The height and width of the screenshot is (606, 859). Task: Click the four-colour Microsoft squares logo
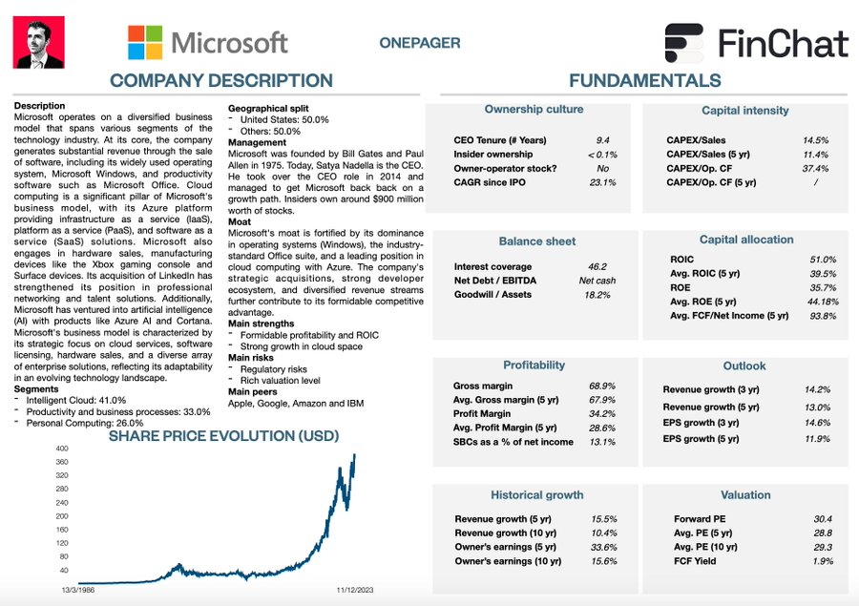[x=145, y=42]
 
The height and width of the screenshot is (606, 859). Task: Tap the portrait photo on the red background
[x=39, y=43]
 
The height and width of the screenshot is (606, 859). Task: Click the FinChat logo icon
[x=685, y=43]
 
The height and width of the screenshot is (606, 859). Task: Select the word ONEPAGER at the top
[x=419, y=43]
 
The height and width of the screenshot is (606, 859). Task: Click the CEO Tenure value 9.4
[x=602, y=140]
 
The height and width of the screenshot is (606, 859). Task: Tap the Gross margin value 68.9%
[x=601, y=387]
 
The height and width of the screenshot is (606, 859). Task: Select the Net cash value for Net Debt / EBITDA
[x=598, y=282]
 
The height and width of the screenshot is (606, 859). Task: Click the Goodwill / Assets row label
[x=493, y=296]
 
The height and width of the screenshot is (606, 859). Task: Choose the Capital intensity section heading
[x=745, y=111]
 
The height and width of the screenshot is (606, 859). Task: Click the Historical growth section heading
[x=537, y=495]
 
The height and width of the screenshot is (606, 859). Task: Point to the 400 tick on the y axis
[x=62, y=449]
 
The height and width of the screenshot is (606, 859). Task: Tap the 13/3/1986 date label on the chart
[x=79, y=591]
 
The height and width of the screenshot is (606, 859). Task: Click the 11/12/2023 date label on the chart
[x=355, y=591]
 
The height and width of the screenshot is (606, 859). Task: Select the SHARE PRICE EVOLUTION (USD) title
[x=223, y=436]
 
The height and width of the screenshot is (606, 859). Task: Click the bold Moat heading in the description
[x=239, y=220]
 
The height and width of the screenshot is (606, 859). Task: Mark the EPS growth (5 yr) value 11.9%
[x=817, y=439]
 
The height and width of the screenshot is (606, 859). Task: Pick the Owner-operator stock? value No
[x=602, y=169]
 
